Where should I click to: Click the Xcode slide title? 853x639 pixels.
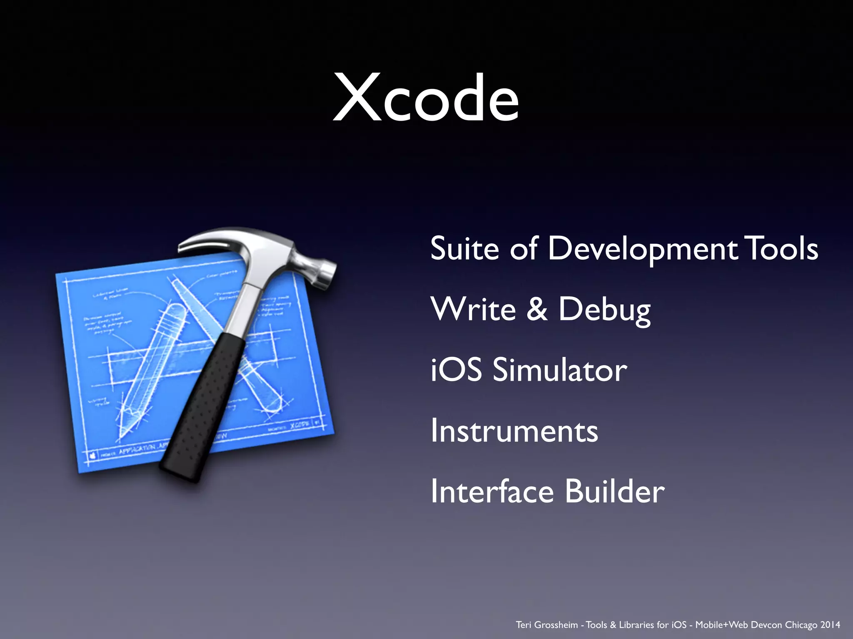[x=426, y=98]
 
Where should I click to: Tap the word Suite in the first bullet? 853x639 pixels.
[x=464, y=248]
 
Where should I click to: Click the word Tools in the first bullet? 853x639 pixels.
[x=781, y=248]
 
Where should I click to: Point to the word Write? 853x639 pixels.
[x=473, y=309]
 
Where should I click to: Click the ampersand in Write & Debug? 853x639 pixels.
[x=537, y=309]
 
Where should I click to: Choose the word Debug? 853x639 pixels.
[x=604, y=311]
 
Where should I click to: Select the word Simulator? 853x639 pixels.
[x=559, y=370]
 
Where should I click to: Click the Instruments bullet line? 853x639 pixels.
[x=514, y=431]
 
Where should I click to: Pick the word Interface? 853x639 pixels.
[x=492, y=491]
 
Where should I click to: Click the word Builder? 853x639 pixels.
[x=615, y=491]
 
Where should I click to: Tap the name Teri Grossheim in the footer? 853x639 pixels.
[x=546, y=625]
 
